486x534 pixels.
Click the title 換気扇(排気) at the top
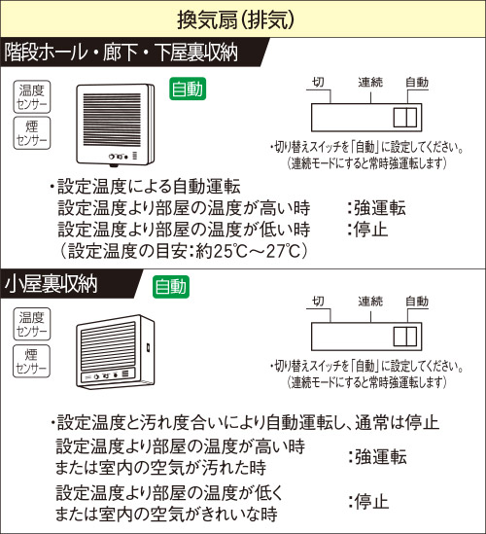point(235,19)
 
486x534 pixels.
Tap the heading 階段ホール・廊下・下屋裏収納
point(121,53)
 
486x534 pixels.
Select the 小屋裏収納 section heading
point(52,283)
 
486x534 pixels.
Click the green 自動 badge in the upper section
point(188,89)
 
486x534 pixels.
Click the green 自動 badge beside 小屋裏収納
point(171,287)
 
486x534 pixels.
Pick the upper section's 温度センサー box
point(32,96)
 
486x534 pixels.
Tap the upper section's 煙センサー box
point(32,133)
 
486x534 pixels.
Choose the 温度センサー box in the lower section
point(32,324)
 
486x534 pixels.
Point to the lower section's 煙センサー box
point(32,361)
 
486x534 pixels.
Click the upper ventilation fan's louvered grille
point(112,120)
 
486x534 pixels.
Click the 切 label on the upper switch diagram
point(318,82)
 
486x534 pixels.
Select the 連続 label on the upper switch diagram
point(370,82)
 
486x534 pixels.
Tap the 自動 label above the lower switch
point(417,302)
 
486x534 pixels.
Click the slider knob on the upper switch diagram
point(405,118)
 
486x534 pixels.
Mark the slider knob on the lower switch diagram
point(405,337)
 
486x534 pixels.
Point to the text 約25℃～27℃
point(249,251)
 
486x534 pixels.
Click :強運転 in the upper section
point(377,208)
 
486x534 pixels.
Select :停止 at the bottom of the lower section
point(368,502)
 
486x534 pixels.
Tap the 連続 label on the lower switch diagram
point(370,302)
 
